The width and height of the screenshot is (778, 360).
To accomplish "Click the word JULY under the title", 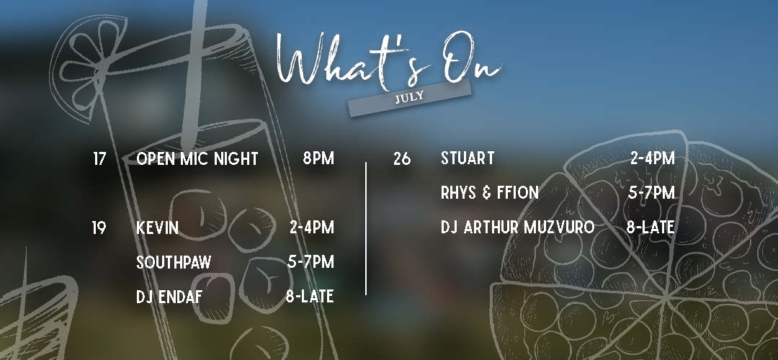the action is tap(409, 96).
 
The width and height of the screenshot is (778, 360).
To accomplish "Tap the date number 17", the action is tap(99, 158).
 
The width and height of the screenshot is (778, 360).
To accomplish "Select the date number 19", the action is tap(99, 228).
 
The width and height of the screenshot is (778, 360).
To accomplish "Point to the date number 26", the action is tap(402, 158).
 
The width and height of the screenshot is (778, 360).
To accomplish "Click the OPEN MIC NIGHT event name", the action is tap(197, 158).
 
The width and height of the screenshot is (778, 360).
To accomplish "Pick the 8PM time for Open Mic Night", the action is tap(318, 158).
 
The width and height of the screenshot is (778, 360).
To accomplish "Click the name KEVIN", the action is tap(157, 228).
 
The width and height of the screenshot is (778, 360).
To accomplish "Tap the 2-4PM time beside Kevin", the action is tap(312, 228).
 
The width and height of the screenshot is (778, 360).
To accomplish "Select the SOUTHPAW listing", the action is tap(174, 262).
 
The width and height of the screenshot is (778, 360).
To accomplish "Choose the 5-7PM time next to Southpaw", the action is tap(310, 261).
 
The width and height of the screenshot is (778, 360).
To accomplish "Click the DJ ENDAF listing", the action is tap(169, 297).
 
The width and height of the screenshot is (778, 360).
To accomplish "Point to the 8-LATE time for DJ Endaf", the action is tap(310, 296).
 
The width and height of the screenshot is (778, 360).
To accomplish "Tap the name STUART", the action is tap(468, 158).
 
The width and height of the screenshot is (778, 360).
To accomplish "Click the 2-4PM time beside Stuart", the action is tap(653, 158).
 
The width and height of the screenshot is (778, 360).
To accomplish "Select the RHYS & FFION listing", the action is tap(490, 192).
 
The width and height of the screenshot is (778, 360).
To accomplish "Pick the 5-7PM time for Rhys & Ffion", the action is tap(651, 192).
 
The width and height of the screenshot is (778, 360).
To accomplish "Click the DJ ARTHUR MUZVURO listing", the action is tap(517, 227).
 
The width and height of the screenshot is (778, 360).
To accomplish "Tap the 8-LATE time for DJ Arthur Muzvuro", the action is tap(650, 227).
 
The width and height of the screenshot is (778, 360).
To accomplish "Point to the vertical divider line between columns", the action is tap(366, 228).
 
